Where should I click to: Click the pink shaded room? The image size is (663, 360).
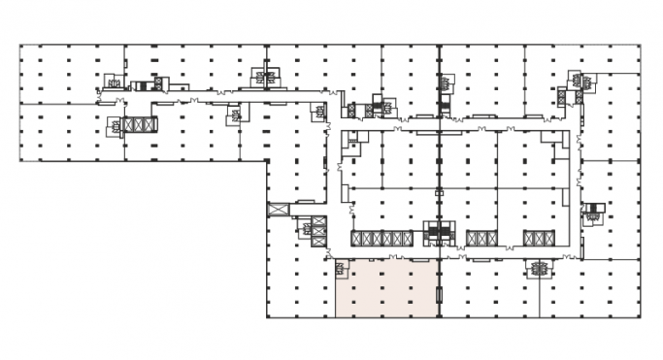point(386,289)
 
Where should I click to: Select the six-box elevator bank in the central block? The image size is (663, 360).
point(381,238)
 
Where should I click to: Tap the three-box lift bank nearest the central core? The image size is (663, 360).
point(481,238)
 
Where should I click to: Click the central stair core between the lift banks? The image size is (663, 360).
point(439,234)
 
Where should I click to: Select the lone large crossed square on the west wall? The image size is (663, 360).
point(279,210)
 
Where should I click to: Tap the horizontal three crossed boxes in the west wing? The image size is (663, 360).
point(139,124)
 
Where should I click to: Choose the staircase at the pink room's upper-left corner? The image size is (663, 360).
point(341,268)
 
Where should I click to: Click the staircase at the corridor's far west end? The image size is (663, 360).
point(115,84)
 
